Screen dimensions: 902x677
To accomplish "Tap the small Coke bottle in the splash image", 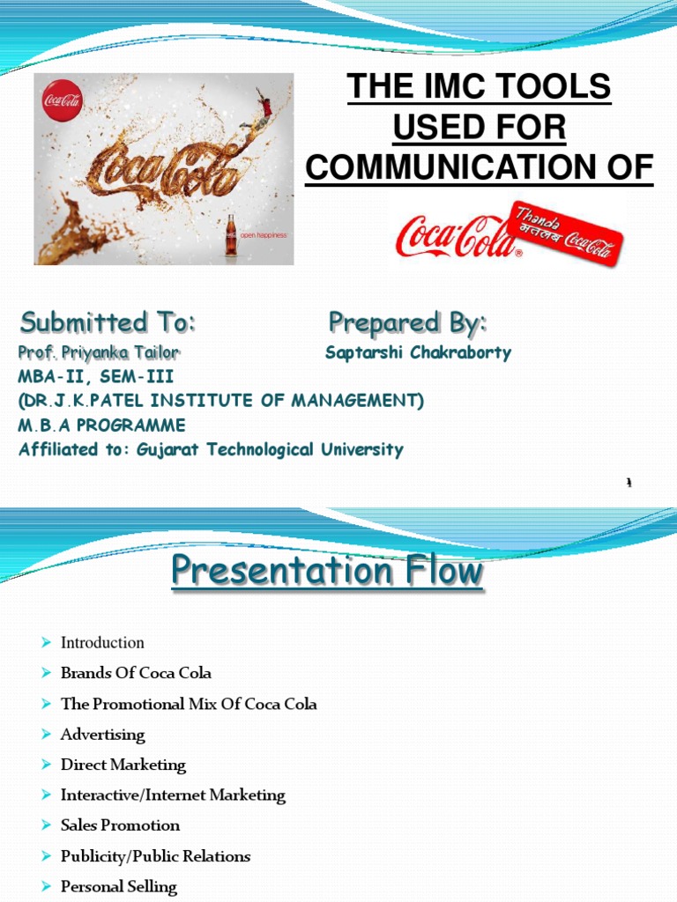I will click(231, 234).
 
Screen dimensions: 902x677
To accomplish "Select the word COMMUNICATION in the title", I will click(459, 168).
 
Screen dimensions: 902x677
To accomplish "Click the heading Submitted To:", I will click(108, 323).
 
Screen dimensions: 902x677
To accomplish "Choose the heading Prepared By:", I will click(407, 322).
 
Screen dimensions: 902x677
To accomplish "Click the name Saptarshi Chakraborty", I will click(418, 353).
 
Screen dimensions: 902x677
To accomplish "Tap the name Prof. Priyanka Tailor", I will click(99, 353).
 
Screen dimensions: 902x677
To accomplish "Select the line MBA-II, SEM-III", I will click(96, 377).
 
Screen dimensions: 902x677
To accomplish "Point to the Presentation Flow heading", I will click(328, 573).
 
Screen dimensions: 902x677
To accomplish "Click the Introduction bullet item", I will click(102, 643).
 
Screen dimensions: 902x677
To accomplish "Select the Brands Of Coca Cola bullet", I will click(136, 673).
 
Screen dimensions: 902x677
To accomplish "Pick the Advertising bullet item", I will click(102, 735).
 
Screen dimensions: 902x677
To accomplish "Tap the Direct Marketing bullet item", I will click(123, 765).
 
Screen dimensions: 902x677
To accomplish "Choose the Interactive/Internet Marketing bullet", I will click(173, 795).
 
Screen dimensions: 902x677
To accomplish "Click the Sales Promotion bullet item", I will click(120, 825).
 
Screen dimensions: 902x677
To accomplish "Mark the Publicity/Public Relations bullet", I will click(155, 856).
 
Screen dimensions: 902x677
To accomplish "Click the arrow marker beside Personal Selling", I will click(48, 887).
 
